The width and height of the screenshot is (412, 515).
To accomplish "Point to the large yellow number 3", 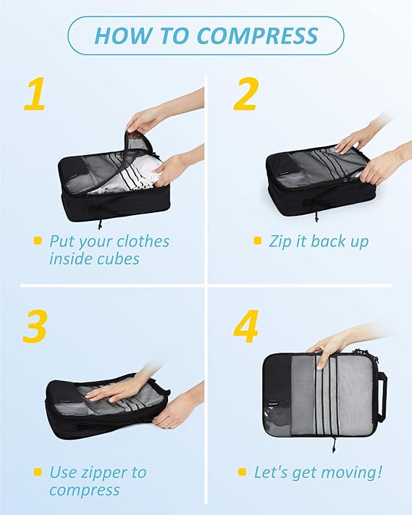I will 35,327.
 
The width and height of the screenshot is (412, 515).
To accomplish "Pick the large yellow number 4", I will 246,327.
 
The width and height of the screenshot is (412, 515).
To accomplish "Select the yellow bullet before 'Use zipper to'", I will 37,473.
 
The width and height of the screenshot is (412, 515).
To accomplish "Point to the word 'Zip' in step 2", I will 282,240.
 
